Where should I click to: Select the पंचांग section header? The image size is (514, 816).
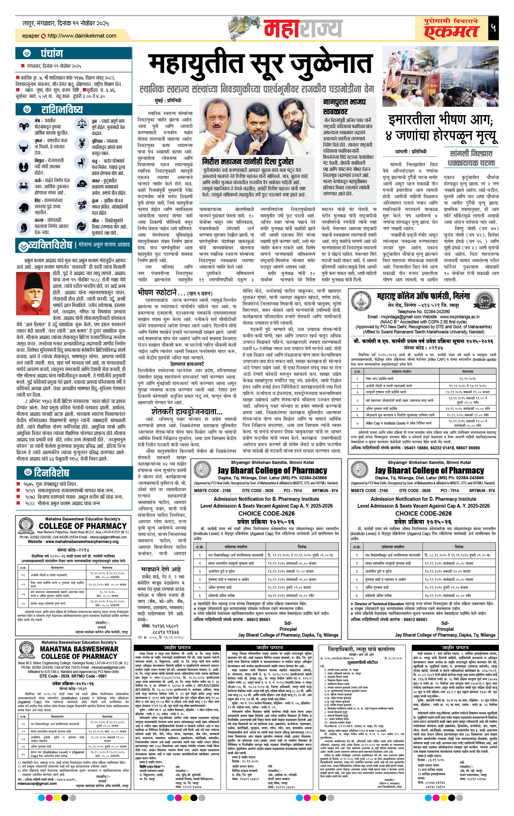[52, 53]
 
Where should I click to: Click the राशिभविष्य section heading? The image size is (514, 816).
[62, 110]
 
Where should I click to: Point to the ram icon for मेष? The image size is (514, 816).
[24, 126]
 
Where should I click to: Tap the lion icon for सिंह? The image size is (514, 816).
[24, 207]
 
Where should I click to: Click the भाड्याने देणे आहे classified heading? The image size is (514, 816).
[161, 569]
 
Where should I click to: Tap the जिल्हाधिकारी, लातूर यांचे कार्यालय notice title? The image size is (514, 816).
[361, 649]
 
